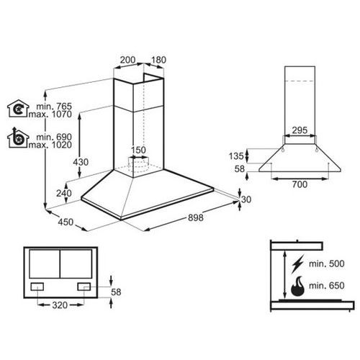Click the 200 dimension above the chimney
tap(127, 60)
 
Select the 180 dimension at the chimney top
tap(158, 60)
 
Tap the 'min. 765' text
tap(54, 106)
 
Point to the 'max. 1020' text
tap(50, 145)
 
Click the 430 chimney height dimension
tap(81, 162)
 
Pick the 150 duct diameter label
tap(138, 150)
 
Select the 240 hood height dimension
tap(64, 193)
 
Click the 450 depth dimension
tap(66, 222)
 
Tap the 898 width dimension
tap(196, 217)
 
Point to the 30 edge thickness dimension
tap(246, 199)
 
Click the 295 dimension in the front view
tap(300, 130)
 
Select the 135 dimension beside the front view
tap(236, 156)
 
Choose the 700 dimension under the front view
tap(300, 184)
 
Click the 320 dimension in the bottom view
tap(60, 305)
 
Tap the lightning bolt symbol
tap(297, 264)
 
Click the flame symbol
tap(297, 286)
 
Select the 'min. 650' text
tap(327, 286)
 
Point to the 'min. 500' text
tap(327, 264)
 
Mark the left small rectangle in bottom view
tap(37, 287)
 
